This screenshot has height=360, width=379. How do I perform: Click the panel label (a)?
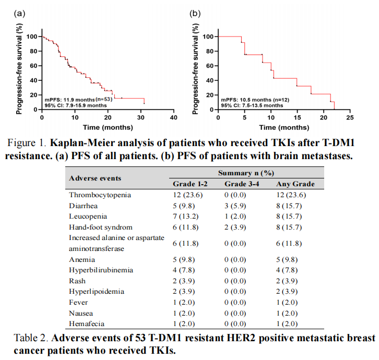[19, 14]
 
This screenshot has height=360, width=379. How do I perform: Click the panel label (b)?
[195, 14]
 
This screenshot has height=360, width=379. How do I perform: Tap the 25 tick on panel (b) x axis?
[350, 117]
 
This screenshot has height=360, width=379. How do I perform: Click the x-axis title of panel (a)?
[107, 127]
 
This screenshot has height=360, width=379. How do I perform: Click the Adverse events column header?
[95, 178]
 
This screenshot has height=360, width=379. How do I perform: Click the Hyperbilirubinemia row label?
[101, 270]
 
